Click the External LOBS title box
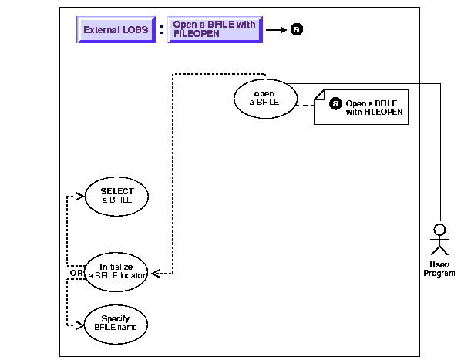[x=116, y=30]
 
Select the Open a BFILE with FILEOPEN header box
[x=214, y=30]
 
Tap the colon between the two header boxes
[x=161, y=30]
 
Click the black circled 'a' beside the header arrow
[x=296, y=29]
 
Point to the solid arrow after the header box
[x=276, y=30]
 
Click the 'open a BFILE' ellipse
[x=265, y=99]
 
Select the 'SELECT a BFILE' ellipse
[x=116, y=197]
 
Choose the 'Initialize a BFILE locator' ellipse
[x=116, y=272]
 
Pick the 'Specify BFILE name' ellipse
[x=116, y=324]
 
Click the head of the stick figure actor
[x=440, y=230]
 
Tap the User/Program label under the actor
[x=439, y=269]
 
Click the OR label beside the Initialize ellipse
[x=76, y=273]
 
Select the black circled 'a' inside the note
[x=335, y=103]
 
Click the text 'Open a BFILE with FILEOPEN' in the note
[x=374, y=108]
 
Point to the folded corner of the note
[x=319, y=95]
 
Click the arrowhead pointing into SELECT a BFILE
[x=80, y=196]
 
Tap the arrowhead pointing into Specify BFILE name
[x=80, y=325]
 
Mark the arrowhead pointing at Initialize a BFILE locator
[x=156, y=274]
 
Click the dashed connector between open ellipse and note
[x=306, y=105]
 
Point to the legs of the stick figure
[x=440, y=251]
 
